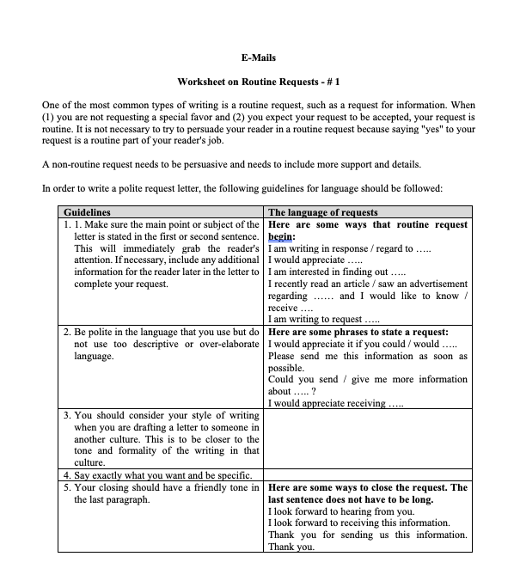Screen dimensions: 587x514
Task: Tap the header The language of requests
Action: (322, 212)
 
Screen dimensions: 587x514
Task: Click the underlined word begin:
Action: (282, 236)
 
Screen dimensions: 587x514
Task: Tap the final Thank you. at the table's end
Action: (291, 547)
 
